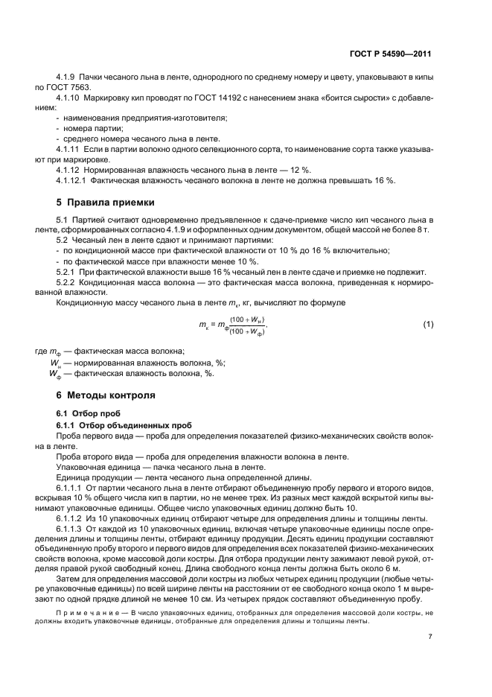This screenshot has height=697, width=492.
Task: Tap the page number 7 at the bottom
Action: pos(430,637)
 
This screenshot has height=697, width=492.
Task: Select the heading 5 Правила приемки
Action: pos(105,202)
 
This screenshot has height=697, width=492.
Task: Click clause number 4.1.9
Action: pos(68,77)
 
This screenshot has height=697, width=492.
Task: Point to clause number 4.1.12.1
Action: pos(73,180)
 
